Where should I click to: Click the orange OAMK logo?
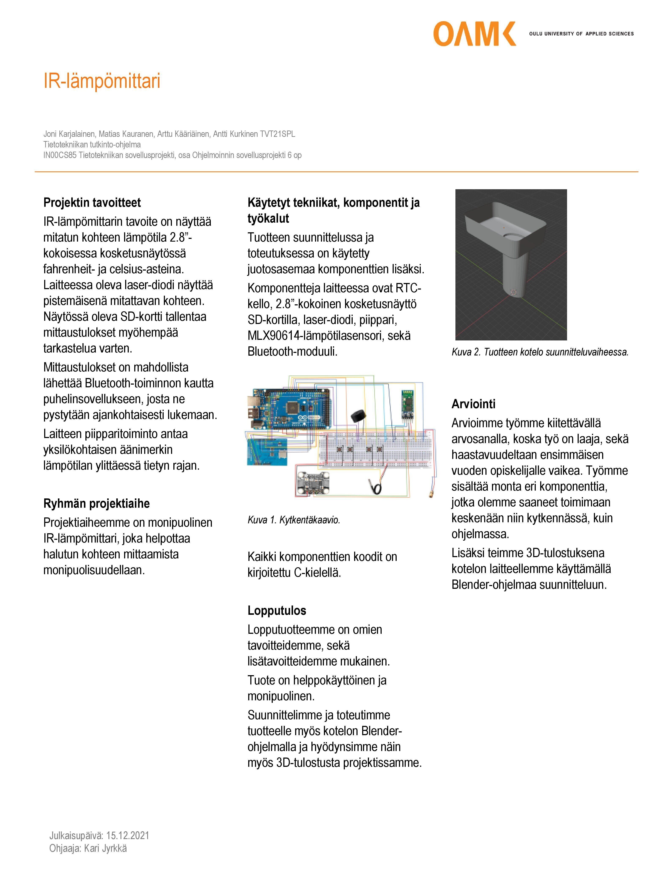[x=474, y=34]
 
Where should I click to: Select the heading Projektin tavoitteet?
[x=92, y=203]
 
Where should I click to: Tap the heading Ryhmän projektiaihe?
[x=96, y=504]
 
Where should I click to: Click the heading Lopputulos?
[x=277, y=611]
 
